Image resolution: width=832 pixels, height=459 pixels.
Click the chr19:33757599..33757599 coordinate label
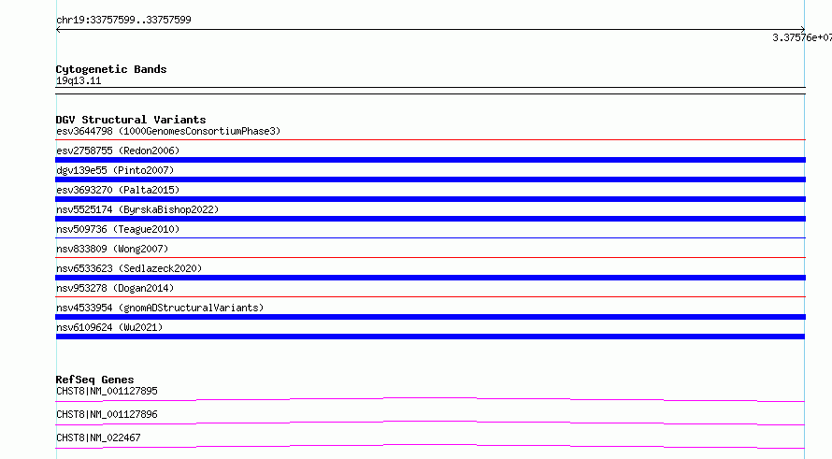coord(123,20)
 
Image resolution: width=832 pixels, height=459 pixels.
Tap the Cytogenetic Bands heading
coord(111,69)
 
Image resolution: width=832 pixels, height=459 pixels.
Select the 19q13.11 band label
coord(79,80)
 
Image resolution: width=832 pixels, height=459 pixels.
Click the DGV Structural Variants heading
coord(131,120)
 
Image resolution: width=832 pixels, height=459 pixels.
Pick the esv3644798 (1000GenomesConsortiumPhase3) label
coord(168,131)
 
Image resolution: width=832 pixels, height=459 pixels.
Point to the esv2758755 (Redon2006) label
coord(118,151)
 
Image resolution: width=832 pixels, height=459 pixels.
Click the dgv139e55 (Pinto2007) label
coord(115,170)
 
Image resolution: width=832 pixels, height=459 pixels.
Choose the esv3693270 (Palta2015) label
coord(118,190)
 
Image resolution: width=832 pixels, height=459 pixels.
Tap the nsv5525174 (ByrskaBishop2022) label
coord(137,209)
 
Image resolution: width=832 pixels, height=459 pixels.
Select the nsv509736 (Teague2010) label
coord(118,229)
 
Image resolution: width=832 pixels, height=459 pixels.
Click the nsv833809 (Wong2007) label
coord(112,249)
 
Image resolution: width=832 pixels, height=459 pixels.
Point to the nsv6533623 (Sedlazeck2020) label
coord(129,268)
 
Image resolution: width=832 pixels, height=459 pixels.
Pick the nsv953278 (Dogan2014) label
coord(115,288)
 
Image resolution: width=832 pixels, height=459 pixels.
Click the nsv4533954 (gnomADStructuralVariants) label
coord(160,308)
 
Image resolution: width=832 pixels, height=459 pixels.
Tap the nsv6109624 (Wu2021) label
coord(109,327)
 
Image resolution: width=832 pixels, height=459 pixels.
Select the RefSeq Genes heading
coord(95,380)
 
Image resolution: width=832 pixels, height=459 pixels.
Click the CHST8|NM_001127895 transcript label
coord(107,391)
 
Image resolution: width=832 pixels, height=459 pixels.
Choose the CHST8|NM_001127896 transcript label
coord(107,414)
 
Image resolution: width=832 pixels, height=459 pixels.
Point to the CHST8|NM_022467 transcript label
coord(98,437)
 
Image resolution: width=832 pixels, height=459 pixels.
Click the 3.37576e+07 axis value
coord(802,37)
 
